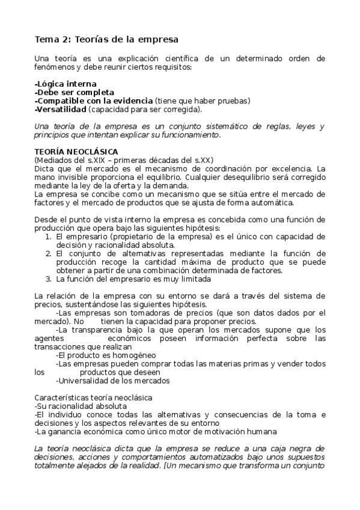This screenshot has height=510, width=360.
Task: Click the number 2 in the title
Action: coord(64,40)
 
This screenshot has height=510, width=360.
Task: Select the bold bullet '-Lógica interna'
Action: coord(66,84)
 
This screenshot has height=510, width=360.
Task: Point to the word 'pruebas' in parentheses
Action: coord(233,101)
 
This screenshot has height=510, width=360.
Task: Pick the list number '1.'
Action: coord(49,237)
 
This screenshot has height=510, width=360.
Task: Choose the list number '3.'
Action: coord(49,279)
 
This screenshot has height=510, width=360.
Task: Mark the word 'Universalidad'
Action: coord(83,380)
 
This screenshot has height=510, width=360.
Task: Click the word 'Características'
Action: coord(64,398)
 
